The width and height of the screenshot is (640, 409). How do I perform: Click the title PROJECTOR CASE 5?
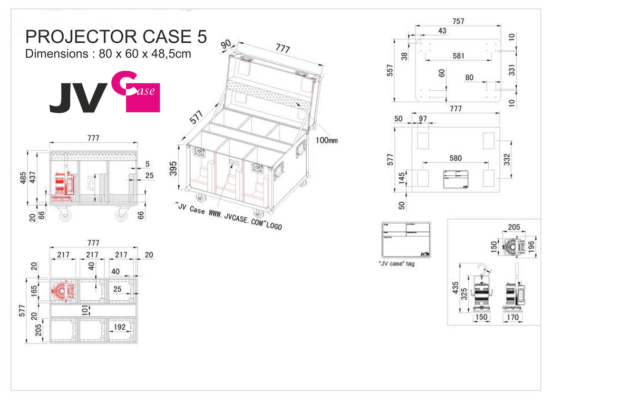(x=115, y=36)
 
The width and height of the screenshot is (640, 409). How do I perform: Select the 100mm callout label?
(x=327, y=140)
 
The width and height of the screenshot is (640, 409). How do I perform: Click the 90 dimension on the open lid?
(x=227, y=45)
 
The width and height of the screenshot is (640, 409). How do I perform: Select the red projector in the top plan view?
(x=63, y=291)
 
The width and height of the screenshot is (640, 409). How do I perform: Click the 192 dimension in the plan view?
(x=120, y=327)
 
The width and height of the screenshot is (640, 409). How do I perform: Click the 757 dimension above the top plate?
(x=458, y=21)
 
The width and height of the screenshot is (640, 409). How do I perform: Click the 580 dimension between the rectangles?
(x=455, y=158)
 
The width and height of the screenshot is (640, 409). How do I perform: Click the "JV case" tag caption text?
(x=396, y=263)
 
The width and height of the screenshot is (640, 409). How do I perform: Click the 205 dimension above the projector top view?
(x=513, y=227)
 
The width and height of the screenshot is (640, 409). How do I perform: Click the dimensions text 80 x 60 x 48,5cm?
(x=108, y=54)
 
